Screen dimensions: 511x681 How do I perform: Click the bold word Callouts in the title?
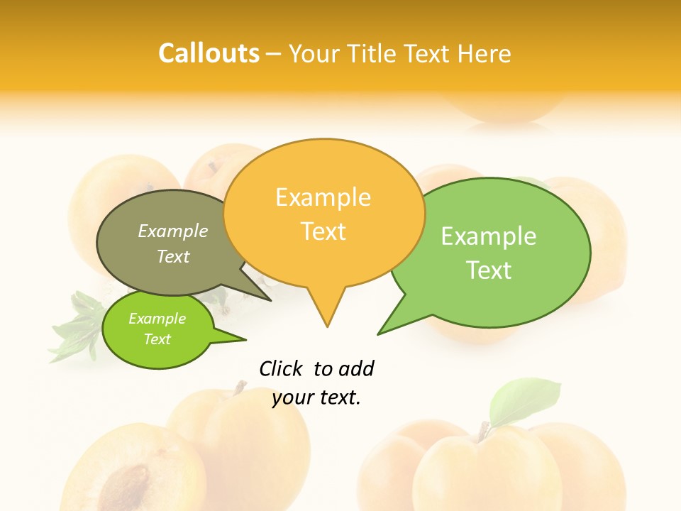pos(209,53)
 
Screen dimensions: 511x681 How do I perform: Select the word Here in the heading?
pos(485,54)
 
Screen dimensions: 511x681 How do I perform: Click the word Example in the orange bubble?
pos(323,197)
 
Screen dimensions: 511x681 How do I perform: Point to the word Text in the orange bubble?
pos(323,231)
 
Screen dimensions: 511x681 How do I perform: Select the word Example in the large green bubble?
pos(489,236)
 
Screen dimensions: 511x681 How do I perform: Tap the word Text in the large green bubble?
pos(489,270)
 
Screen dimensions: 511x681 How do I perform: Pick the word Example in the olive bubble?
pos(173,231)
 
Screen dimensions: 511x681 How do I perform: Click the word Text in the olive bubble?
pos(173,256)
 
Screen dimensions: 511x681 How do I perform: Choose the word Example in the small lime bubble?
pos(157,319)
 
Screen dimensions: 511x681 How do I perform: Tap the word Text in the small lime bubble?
pos(157,339)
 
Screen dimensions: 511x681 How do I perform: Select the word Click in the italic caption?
pos(281,368)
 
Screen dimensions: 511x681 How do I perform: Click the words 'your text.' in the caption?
pos(316,397)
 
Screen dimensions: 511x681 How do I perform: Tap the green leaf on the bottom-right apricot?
pos(524,399)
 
